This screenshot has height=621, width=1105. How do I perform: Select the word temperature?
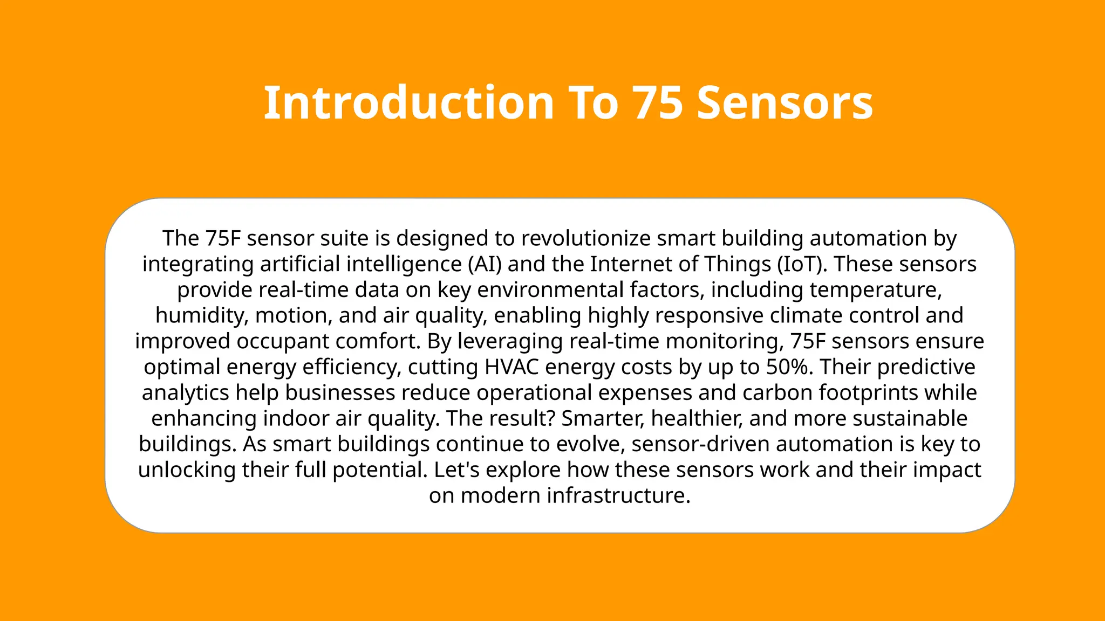875,290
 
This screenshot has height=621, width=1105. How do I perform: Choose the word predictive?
926,367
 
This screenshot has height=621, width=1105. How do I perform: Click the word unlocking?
187,470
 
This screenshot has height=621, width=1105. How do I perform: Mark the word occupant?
283,341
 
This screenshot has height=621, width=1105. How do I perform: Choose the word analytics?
186,392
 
